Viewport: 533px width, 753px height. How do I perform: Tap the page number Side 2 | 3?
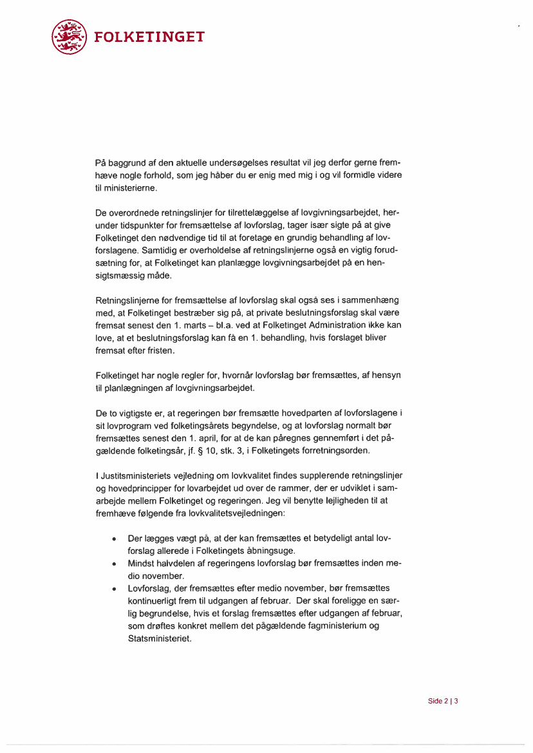point(442,701)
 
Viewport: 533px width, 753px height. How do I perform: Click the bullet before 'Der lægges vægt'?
point(114,539)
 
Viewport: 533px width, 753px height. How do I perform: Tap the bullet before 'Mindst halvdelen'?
point(114,564)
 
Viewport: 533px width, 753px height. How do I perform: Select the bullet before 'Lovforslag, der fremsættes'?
point(114,589)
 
